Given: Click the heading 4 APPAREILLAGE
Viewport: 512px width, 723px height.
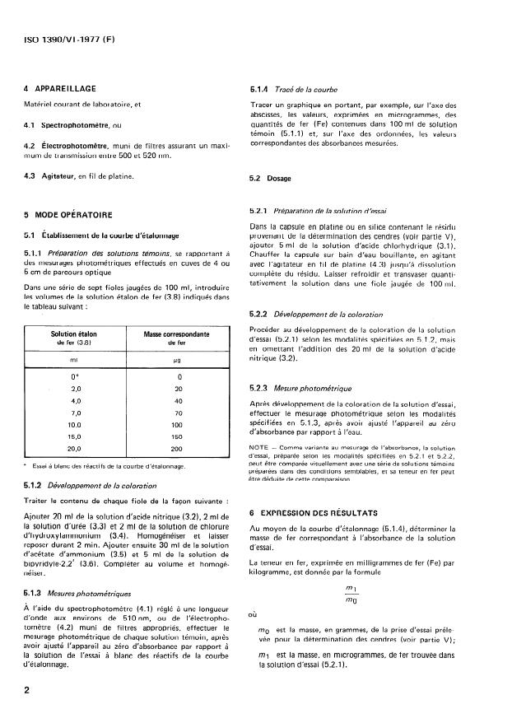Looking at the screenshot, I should (x=61, y=88).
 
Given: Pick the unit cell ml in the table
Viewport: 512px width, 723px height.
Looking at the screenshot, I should (x=75, y=359).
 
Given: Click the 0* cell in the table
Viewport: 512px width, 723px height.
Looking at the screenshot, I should (x=75, y=377).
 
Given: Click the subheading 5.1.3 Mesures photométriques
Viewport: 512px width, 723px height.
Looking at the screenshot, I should (x=78, y=593).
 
